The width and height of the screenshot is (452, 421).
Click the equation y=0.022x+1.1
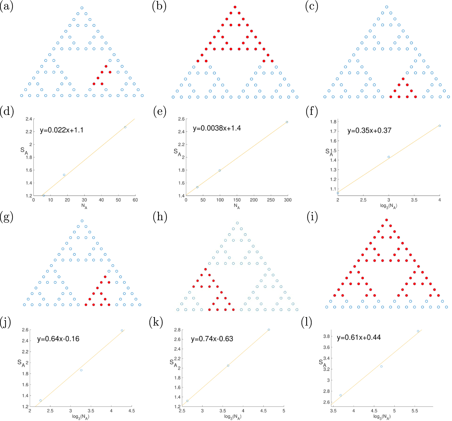pyautogui.click(x=62, y=130)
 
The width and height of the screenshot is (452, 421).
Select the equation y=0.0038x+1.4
pyautogui.click(x=217, y=128)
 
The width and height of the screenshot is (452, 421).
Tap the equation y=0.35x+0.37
pyautogui.click(x=369, y=130)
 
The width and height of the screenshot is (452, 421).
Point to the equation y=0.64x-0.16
pyautogui.click(x=58, y=339)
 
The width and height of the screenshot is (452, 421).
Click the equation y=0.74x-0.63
pyautogui.click(x=212, y=339)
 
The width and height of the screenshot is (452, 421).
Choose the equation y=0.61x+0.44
pyautogui.click(x=359, y=338)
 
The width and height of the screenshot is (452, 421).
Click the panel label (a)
pyautogui.click(x=7, y=7)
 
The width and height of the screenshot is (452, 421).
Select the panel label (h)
pyautogui.click(x=160, y=217)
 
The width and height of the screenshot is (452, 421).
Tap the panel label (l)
pyautogui.click(x=307, y=322)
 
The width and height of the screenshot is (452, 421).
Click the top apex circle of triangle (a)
pyautogui.click(x=82, y=8)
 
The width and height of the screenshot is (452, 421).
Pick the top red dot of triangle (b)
pyautogui.click(x=235, y=7)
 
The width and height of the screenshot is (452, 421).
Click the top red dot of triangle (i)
pyautogui.click(x=387, y=220)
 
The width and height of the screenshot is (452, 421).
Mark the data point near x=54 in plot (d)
pyautogui.click(x=125, y=127)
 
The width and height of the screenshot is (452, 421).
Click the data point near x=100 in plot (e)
pyautogui.click(x=220, y=170)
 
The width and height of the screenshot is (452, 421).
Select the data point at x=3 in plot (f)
pyautogui.click(x=389, y=157)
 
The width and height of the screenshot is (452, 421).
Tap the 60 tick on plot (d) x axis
pyautogui.click(x=135, y=200)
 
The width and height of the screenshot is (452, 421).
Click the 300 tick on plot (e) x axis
pyautogui.click(x=287, y=200)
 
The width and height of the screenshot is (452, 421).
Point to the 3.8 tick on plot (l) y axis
pyautogui.click(x=326, y=336)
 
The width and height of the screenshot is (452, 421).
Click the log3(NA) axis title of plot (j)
pyautogui.click(x=80, y=417)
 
